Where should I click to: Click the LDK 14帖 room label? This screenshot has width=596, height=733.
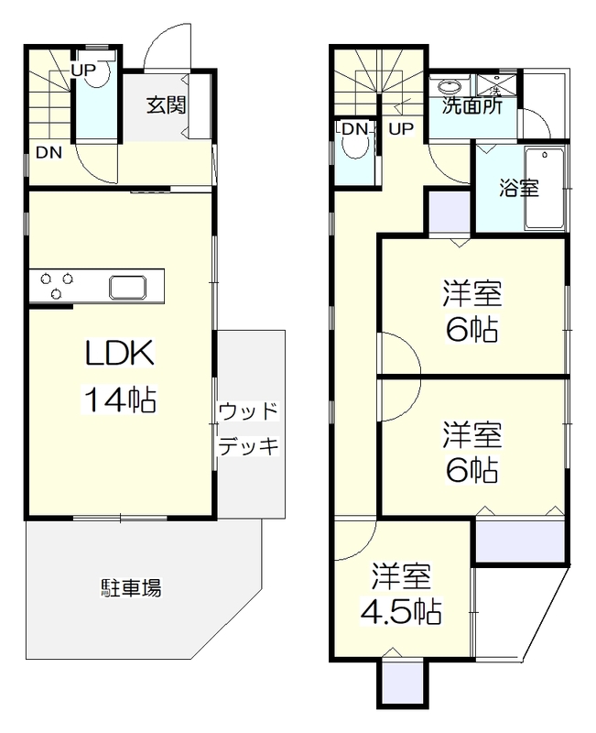121,376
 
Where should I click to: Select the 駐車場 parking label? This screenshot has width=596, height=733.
131,587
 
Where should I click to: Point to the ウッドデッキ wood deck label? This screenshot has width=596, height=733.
247,429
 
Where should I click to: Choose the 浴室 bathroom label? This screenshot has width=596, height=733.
518,189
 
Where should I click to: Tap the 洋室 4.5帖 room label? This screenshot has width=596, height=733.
402,595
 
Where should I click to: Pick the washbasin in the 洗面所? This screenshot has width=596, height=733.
450,88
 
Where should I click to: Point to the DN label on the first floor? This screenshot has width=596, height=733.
49,153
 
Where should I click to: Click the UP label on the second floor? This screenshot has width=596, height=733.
401,129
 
